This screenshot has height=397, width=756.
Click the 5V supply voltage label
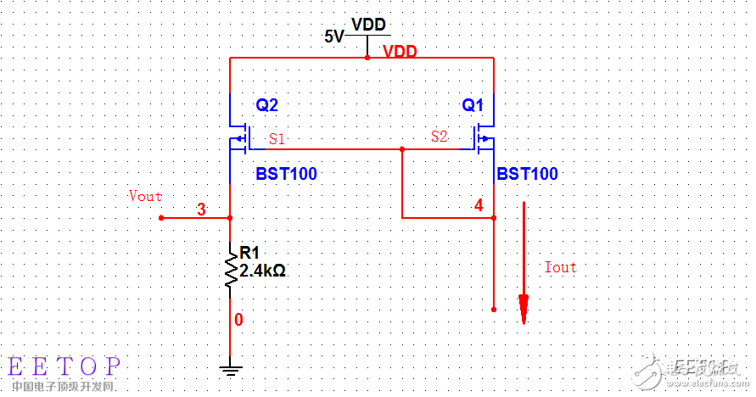point(333,36)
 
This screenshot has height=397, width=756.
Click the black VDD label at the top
point(368,24)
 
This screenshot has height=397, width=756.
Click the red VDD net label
point(400,52)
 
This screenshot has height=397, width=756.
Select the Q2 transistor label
point(266,106)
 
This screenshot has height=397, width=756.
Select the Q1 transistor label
point(473,106)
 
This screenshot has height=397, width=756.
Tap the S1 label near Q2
point(277,137)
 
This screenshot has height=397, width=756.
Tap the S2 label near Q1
point(439,136)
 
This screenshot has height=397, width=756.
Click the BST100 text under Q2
point(286,174)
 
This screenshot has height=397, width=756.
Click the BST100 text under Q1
point(527,174)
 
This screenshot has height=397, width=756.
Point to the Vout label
point(145,196)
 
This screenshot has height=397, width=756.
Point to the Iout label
point(560,267)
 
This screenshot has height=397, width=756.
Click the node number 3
point(201,210)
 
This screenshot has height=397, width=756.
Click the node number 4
point(479,205)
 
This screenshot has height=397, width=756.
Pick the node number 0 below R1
point(238,320)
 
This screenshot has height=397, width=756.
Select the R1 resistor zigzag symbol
point(230,270)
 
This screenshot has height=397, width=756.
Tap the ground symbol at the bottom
point(230,369)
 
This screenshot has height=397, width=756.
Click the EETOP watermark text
point(64,366)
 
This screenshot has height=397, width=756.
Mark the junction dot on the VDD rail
point(367,58)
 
